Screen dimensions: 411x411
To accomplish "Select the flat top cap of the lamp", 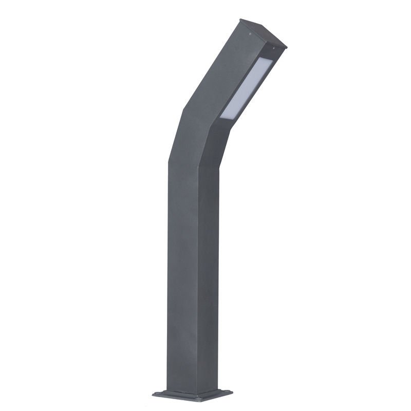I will tap(263, 33).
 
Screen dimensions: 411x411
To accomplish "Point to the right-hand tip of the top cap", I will tap(286, 47).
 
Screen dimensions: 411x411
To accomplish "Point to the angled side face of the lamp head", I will tap(216, 72).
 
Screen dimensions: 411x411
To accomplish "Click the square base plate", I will tap(193, 395).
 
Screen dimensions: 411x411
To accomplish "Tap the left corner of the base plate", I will tap(154, 394).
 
